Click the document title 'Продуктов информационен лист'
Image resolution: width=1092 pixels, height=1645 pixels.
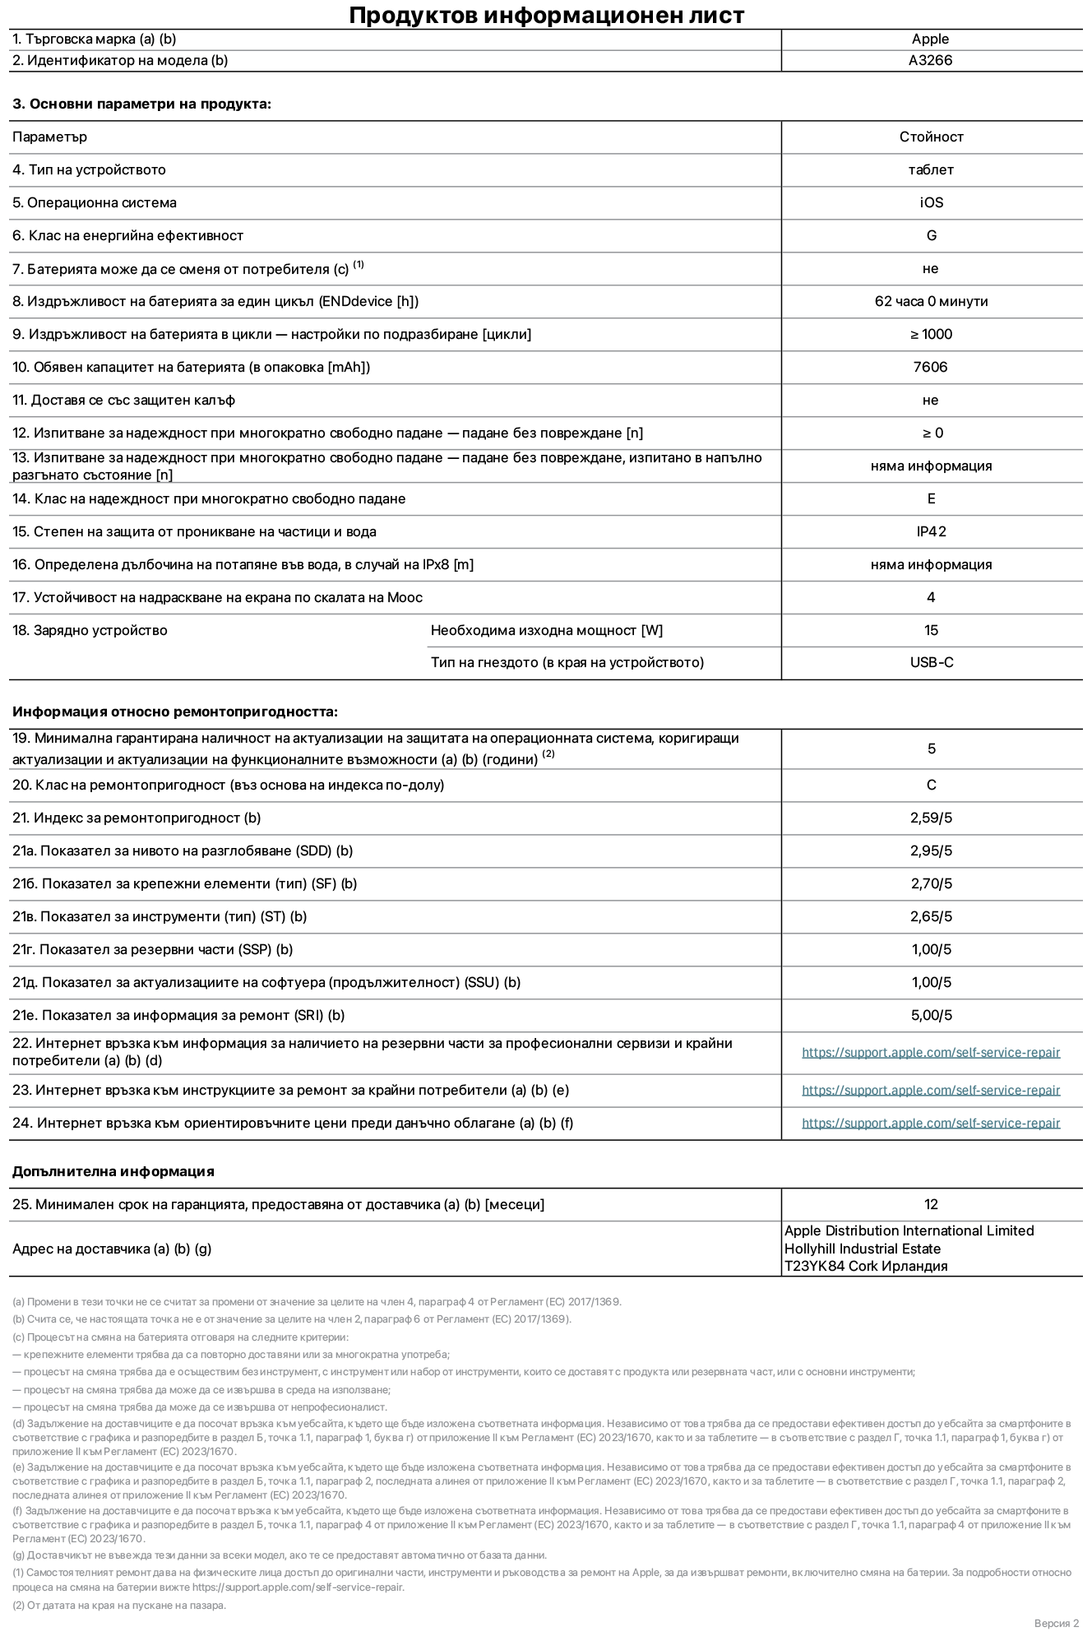pyautogui.click(x=546, y=15)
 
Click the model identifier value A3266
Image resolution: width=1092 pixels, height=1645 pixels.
pyautogui.click(x=930, y=60)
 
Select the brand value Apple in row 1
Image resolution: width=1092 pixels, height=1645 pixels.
pyautogui.click(x=930, y=39)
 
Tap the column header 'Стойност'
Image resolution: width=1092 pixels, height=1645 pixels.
pyautogui.click(x=931, y=137)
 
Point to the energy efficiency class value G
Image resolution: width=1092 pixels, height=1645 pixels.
pyautogui.click(x=931, y=235)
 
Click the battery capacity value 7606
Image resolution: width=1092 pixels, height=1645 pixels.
pyautogui.click(x=930, y=367)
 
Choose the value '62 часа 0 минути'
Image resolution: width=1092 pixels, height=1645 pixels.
pyautogui.click(x=931, y=301)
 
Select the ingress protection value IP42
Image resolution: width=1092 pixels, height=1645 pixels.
pyautogui.click(x=931, y=531)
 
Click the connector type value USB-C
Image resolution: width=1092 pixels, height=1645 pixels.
pyautogui.click(x=931, y=662)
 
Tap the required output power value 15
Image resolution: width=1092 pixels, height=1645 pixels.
pyautogui.click(x=931, y=630)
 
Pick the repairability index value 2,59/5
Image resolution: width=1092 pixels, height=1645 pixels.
pyautogui.click(x=931, y=818)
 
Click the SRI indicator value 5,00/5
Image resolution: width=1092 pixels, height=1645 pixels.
pyautogui.click(x=931, y=1015)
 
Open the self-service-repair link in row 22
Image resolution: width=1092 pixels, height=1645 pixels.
pyautogui.click(x=931, y=1052)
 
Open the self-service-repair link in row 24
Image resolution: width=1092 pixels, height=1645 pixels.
pyautogui.click(x=931, y=1123)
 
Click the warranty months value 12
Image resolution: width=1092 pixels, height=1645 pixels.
pyautogui.click(x=931, y=1204)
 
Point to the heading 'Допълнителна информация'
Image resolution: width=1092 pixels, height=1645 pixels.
pyautogui.click(x=113, y=1171)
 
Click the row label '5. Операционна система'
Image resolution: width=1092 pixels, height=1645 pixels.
pyautogui.click(x=94, y=202)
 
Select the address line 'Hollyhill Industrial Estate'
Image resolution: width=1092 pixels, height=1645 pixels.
pyautogui.click(x=862, y=1249)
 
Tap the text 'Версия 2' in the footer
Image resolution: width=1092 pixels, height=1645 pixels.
pyautogui.click(x=1056, y=1623)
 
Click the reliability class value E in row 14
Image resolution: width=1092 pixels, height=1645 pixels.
pyautogui.click(x=931, y=498)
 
